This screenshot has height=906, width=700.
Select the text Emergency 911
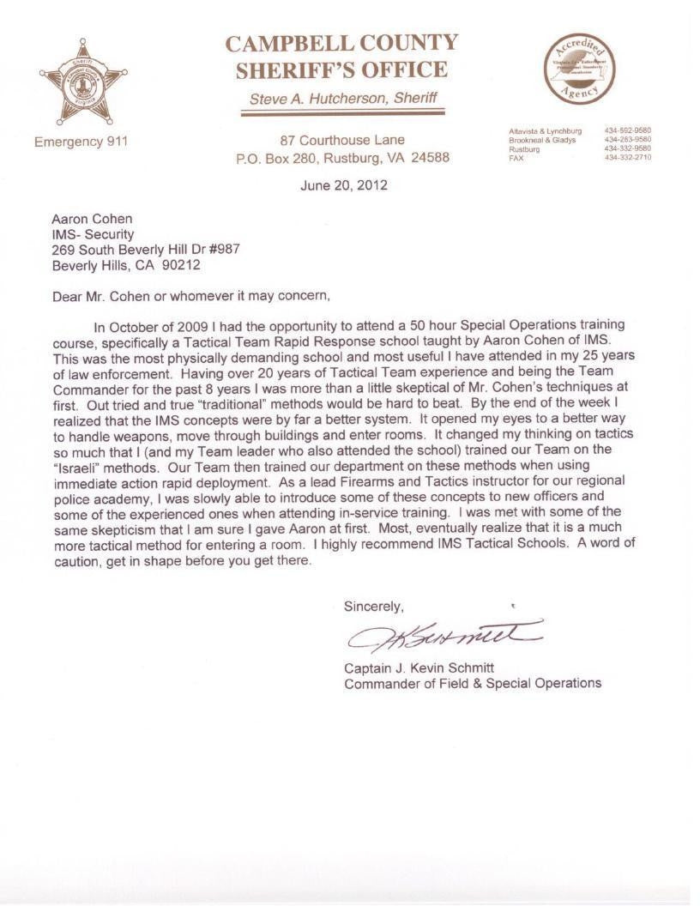(81, 142)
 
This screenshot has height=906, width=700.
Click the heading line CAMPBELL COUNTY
(341, 43)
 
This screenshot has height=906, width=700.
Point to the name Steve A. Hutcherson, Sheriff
(343, 99)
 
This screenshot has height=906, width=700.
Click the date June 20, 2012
(343, 184)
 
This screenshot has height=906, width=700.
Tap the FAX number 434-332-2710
(627, 158)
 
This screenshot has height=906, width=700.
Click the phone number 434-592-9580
(627, 130)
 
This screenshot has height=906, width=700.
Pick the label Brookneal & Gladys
(542, 140)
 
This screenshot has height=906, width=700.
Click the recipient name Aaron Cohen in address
(92, 219)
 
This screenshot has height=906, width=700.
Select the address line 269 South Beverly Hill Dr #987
(146, 250)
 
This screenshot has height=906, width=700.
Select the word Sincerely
(373, 607)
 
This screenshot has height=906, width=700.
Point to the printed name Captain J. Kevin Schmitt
(419, 668)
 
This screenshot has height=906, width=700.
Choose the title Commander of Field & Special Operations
(473, 684)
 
